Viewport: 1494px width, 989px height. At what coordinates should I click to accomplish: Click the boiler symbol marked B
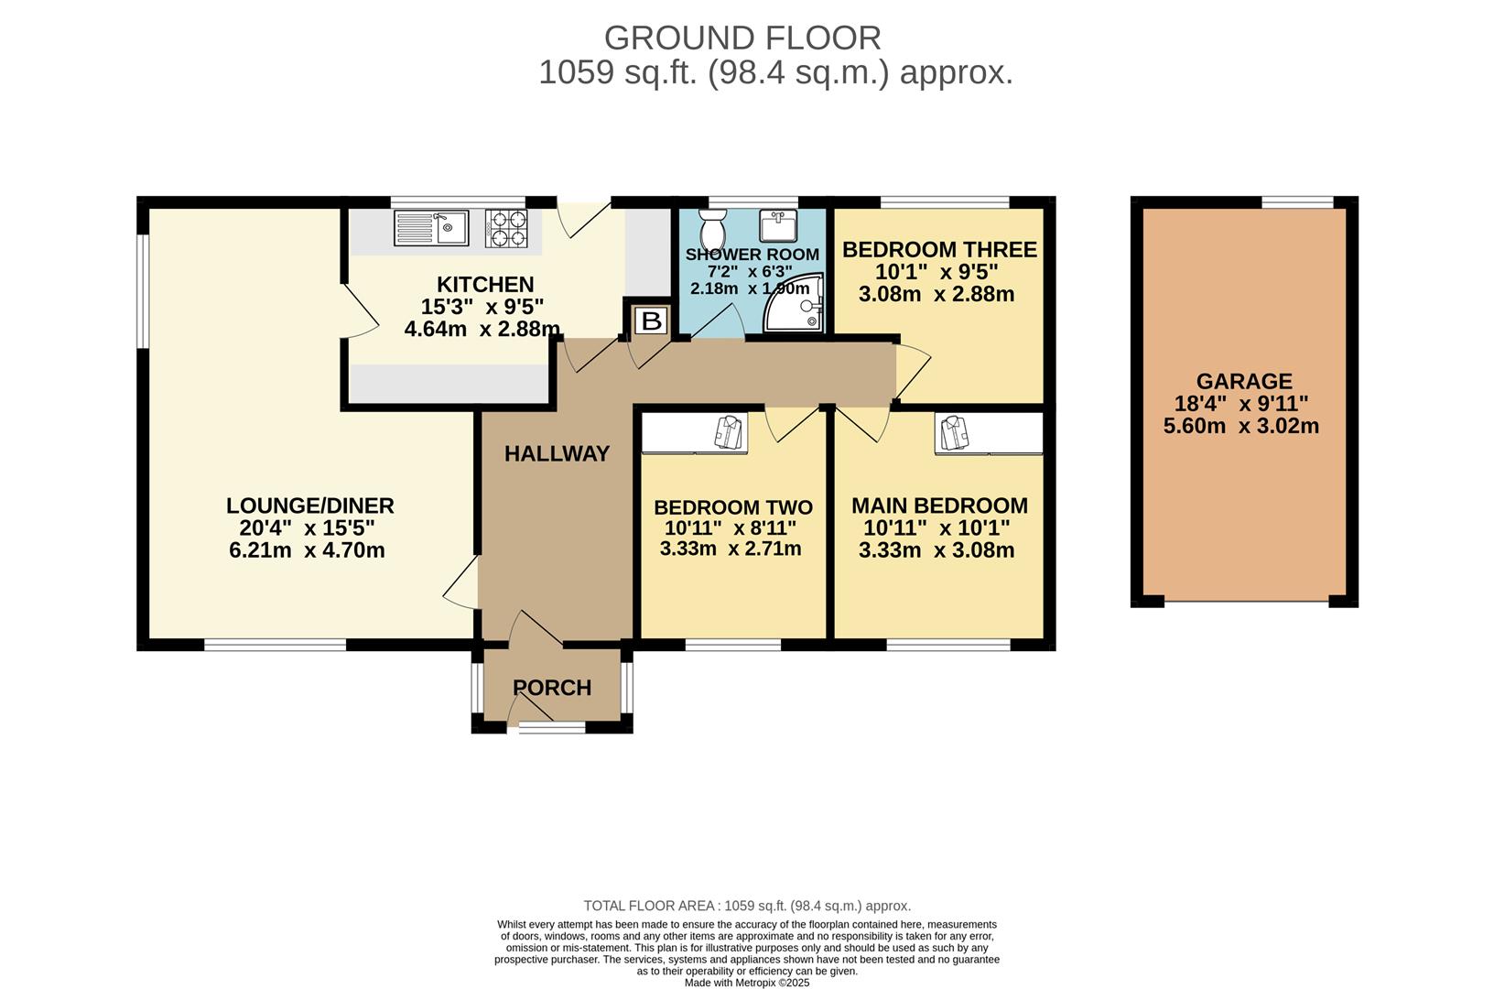pyautogui.click(x=651, y=321)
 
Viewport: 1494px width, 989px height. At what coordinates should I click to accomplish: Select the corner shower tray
pyautogui.click(x=794, y=304)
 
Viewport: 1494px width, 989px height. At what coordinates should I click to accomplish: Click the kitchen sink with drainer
pyautogui.click(x=431, y=228)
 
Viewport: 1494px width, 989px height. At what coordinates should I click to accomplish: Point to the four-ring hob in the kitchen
pyautogui.click(x=506, y=228)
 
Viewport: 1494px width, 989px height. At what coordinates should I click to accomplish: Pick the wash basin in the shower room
pyautogui.click(x=778, y=226)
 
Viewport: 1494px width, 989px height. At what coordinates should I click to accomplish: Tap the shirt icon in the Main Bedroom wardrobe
pyautogui.click(x=955, y=431)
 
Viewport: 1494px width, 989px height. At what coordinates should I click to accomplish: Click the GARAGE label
pyautogui.click(x=1244, y=381)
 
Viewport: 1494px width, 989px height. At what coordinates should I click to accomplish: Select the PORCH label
pyautogui.click(x=552, y=688)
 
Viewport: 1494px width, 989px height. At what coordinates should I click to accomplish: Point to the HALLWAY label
pyautogui.click(x=557, y=454)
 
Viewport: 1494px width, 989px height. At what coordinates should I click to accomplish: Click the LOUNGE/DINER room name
pyautogui.click(x=310, y=505)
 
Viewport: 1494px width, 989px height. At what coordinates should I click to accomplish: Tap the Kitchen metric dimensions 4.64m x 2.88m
pyautogui.click(x=482, y=329)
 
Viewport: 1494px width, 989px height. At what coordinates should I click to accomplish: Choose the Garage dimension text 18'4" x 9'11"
pyautogui.click(x=1241, y=403)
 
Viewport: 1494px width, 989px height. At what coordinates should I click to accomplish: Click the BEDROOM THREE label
pyautogui.click(x=939, y=250)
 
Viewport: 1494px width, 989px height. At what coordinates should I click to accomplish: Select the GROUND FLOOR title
pyautogui.click(x=742, y=38)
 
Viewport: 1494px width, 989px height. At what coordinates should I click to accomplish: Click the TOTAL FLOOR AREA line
pyautogui.click(x=747, y=906)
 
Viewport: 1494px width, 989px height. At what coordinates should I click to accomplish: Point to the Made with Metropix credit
pyautogui.click(x=747, y=983)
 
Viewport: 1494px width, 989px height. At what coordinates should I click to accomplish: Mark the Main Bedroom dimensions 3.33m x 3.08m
pyautogui.click(x=936, y=549)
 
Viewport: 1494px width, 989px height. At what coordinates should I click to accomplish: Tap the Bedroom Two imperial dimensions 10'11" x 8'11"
pyautogui.click(x=731, y=527)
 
